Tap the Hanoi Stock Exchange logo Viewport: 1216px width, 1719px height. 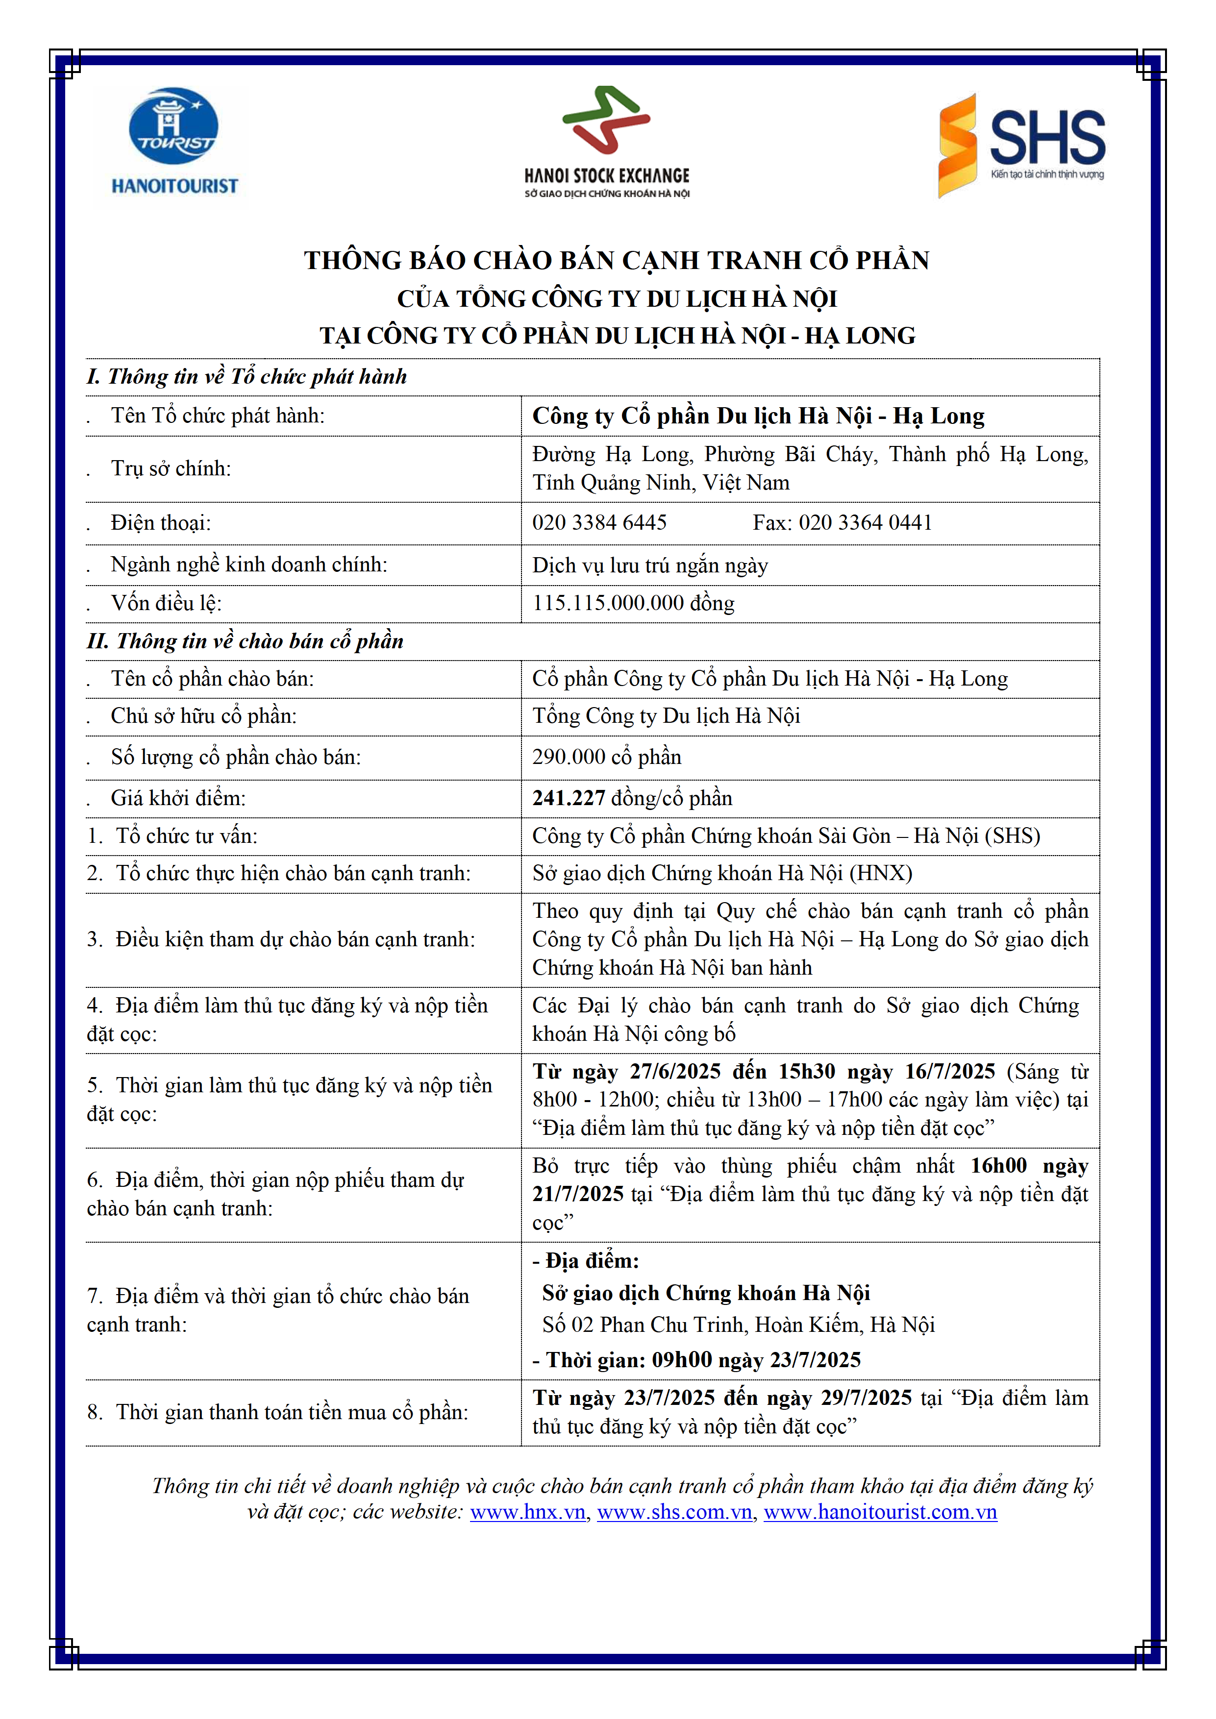tap(606, 142)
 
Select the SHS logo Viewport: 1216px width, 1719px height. tap(1022, 145)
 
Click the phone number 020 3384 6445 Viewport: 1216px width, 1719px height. tap(599, 522)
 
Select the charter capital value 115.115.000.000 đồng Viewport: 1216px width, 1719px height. tap(633, 603)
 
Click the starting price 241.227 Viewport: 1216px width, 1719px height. tap(569, 798)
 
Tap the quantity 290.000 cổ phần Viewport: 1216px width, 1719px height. tap(606, 757)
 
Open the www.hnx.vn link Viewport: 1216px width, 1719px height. tap(527, 1512)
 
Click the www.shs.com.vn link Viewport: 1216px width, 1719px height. tap(674, 1512)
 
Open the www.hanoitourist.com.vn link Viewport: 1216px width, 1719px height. tap(880, 1512)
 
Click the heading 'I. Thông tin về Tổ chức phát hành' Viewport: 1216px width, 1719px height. tap(247, 377)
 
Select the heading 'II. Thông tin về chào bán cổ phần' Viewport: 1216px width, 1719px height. tap(246, 641)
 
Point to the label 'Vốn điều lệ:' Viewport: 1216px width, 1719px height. tap(166, 603)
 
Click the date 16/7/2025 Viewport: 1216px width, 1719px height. tap(949, 1071)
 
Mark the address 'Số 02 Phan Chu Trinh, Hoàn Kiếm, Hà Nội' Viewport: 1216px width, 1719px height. tap(738, 1325)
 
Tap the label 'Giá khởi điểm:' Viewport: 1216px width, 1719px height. tap(178, 798)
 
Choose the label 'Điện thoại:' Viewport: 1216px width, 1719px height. tap(161, 522)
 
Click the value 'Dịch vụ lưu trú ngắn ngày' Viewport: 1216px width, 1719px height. tap(650, 565)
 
